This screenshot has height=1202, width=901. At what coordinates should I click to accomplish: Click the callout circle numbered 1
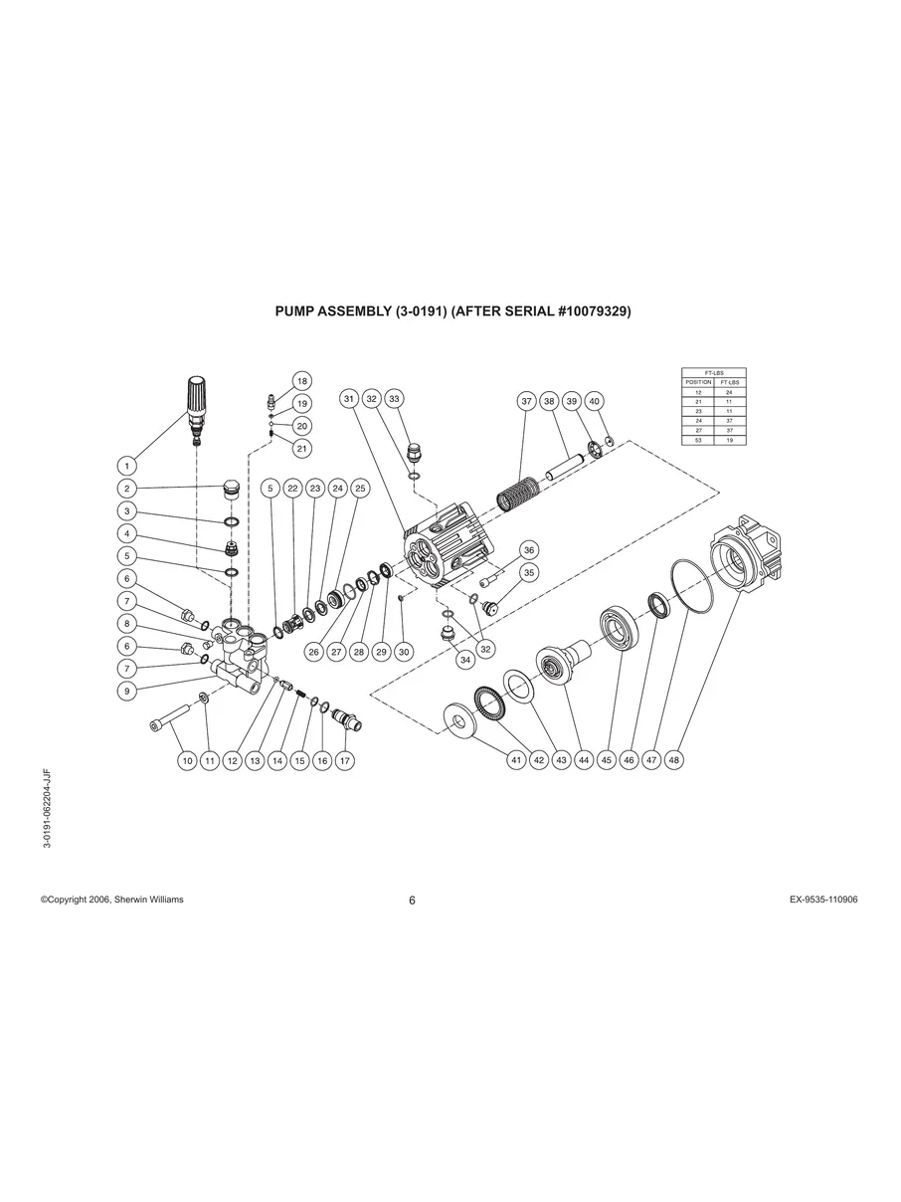pos(127,465)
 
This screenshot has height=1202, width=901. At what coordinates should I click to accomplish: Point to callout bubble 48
pos(674,759)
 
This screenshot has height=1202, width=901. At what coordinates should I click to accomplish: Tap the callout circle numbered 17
pos(345,759)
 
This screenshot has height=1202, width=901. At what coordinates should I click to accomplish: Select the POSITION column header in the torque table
pos(697,382)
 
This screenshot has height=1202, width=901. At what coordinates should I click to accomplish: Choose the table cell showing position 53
pos(697,439)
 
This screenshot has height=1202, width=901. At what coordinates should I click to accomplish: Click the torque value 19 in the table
pos(729,439)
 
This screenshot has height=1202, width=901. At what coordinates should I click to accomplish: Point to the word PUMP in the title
pos(296,311)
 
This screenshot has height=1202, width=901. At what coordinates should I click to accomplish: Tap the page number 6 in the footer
pos(412,901)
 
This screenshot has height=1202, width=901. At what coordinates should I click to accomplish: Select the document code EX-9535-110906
pos(823,900)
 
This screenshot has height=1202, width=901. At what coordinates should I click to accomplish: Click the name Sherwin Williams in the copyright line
pos(150,900)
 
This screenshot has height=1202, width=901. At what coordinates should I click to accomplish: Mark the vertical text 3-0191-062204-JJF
pos(47,807)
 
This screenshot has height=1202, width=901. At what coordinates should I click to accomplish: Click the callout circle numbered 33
pos(394,398)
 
